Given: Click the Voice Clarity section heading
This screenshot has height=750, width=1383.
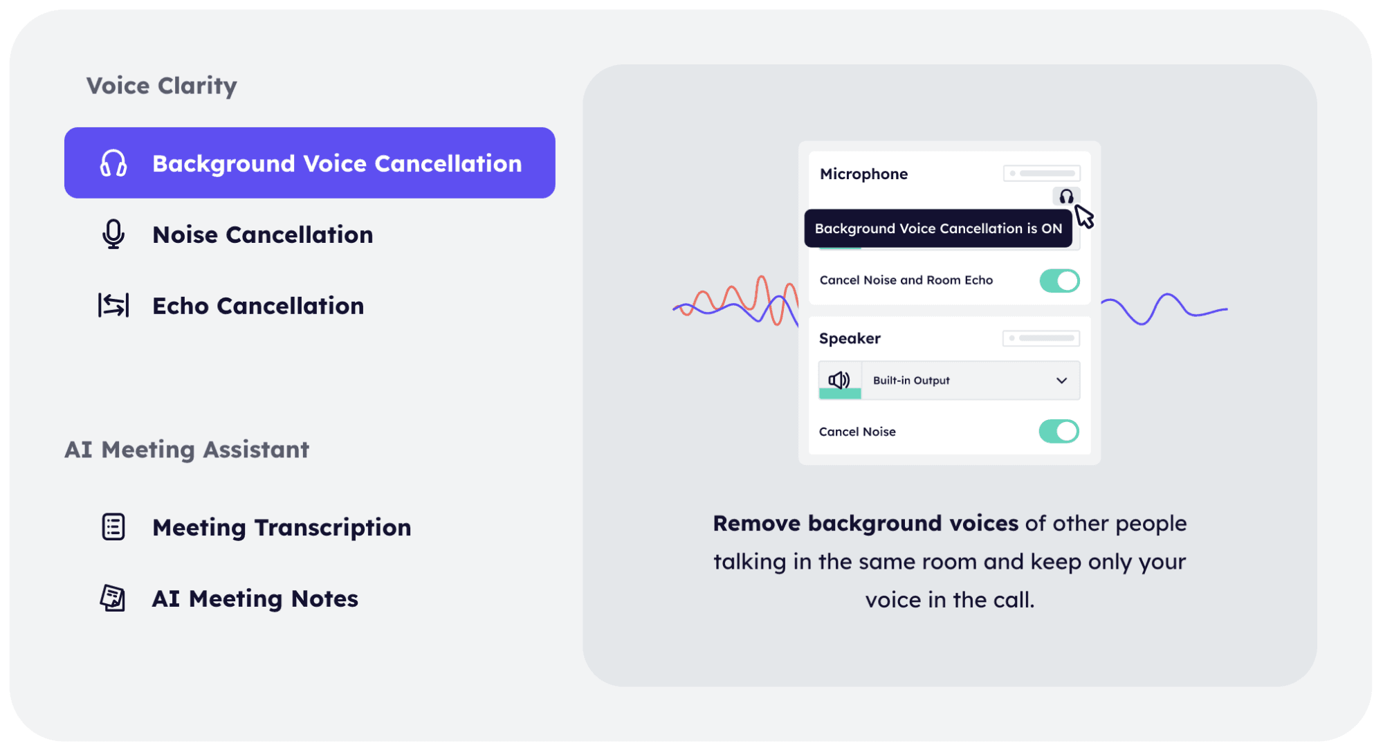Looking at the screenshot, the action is tap(161, 86).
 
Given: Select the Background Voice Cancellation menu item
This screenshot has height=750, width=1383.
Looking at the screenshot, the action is tap(309, 163).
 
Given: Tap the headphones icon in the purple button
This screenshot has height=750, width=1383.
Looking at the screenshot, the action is tap(113, 163).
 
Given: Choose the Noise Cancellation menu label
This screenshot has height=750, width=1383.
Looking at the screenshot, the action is tap(262, 235).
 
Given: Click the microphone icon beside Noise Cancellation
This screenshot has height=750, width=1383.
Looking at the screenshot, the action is tap(113, 235).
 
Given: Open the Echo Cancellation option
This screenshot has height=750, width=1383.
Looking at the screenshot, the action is tap(258, 306).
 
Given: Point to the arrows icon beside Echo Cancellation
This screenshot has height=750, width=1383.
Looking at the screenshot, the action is tap(113, 305).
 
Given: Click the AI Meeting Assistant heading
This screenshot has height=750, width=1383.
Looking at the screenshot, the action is tap(187, 450).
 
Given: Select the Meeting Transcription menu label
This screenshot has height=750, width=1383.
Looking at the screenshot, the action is tap(282, 527).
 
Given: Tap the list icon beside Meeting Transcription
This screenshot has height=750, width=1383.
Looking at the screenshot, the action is tap(113, 527).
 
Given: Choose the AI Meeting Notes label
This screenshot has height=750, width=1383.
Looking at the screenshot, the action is tap(255, 598).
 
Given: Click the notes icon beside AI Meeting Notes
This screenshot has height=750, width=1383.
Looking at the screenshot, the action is tap(113, 598).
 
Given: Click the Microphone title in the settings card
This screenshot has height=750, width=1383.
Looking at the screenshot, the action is tap(863, 174).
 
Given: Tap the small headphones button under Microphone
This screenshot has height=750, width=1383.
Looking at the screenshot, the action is tap(1066, 196).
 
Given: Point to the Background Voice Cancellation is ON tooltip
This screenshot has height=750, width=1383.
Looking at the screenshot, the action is tap(938, 228).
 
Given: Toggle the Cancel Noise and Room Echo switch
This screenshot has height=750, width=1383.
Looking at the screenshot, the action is tap(1059, 280).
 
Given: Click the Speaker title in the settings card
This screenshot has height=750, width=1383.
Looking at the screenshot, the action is tap(850, 338).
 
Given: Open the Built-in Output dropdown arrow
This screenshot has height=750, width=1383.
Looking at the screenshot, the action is tap(1061, 381).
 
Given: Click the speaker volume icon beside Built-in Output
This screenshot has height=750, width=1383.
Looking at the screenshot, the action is tap(839, 380).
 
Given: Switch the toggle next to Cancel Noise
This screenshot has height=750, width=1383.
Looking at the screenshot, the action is tap(1059, 431).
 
